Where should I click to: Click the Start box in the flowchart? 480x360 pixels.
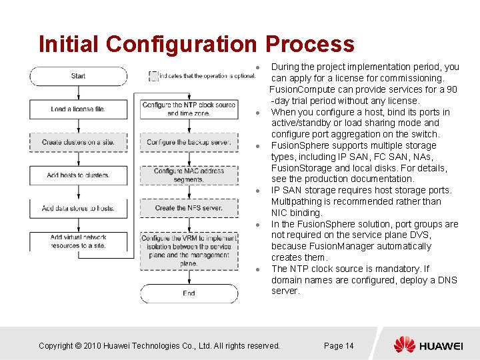point(78,76)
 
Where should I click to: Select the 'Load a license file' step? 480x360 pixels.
point(78,109)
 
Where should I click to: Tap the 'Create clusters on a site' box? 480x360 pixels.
point(78,142)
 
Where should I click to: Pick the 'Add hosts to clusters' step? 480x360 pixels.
point(78,175)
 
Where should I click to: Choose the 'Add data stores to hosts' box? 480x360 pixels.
point(78,208)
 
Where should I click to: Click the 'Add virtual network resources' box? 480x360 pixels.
point(78,241)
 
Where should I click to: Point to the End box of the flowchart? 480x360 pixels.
point(189,293)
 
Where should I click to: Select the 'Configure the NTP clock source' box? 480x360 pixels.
point(189,109)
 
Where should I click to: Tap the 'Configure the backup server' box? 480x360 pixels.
point(189,142)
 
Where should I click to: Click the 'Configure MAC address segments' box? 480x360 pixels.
point(189,175)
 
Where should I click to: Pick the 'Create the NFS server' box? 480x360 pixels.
point(189,208)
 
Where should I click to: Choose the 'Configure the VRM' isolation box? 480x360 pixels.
point(189,250)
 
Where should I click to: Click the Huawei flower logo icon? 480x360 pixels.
point(404,345)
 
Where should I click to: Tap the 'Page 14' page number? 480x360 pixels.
point(339,345)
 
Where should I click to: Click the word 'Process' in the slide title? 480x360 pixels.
point(309,44)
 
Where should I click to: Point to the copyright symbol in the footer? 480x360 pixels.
point(77,345)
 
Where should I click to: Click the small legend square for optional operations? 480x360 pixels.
point(153,76)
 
